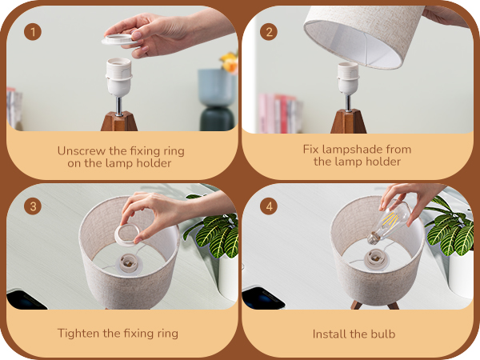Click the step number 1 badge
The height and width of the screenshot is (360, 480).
click(33, 32)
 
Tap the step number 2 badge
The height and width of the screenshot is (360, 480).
click(270, 32)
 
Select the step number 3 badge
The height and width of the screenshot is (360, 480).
click(33, 206)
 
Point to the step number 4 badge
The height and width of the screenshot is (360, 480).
click(270, 206)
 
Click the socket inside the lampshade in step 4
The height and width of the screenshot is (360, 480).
click(373, 258)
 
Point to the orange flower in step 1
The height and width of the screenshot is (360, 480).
click(230, 62)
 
